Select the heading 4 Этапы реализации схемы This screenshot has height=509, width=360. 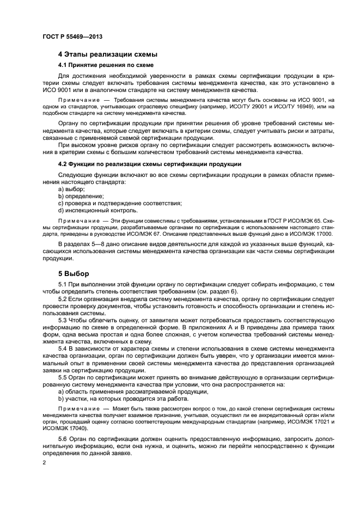(107, 54)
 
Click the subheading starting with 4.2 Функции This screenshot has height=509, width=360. (150, 164)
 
